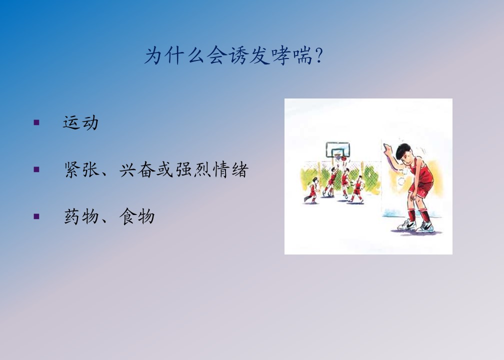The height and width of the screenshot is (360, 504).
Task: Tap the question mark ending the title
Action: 319,56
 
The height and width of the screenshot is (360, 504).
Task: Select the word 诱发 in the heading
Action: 249,56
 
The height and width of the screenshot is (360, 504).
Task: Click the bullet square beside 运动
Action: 36,122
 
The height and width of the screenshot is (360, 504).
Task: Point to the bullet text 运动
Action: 80,123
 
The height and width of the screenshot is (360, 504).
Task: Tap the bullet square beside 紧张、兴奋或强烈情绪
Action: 36,169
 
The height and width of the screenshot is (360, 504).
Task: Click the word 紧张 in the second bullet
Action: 81,169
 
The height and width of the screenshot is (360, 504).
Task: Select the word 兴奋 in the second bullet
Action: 137,169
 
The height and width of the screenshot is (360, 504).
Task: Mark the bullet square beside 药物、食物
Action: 36,216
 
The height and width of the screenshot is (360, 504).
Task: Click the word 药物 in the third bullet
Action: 81,216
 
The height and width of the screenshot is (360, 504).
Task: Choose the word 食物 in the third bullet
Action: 137,216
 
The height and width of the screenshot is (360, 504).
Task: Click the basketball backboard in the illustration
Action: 338,149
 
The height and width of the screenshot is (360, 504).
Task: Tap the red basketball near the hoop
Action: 343,158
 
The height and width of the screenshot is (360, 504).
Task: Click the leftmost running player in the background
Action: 311,190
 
